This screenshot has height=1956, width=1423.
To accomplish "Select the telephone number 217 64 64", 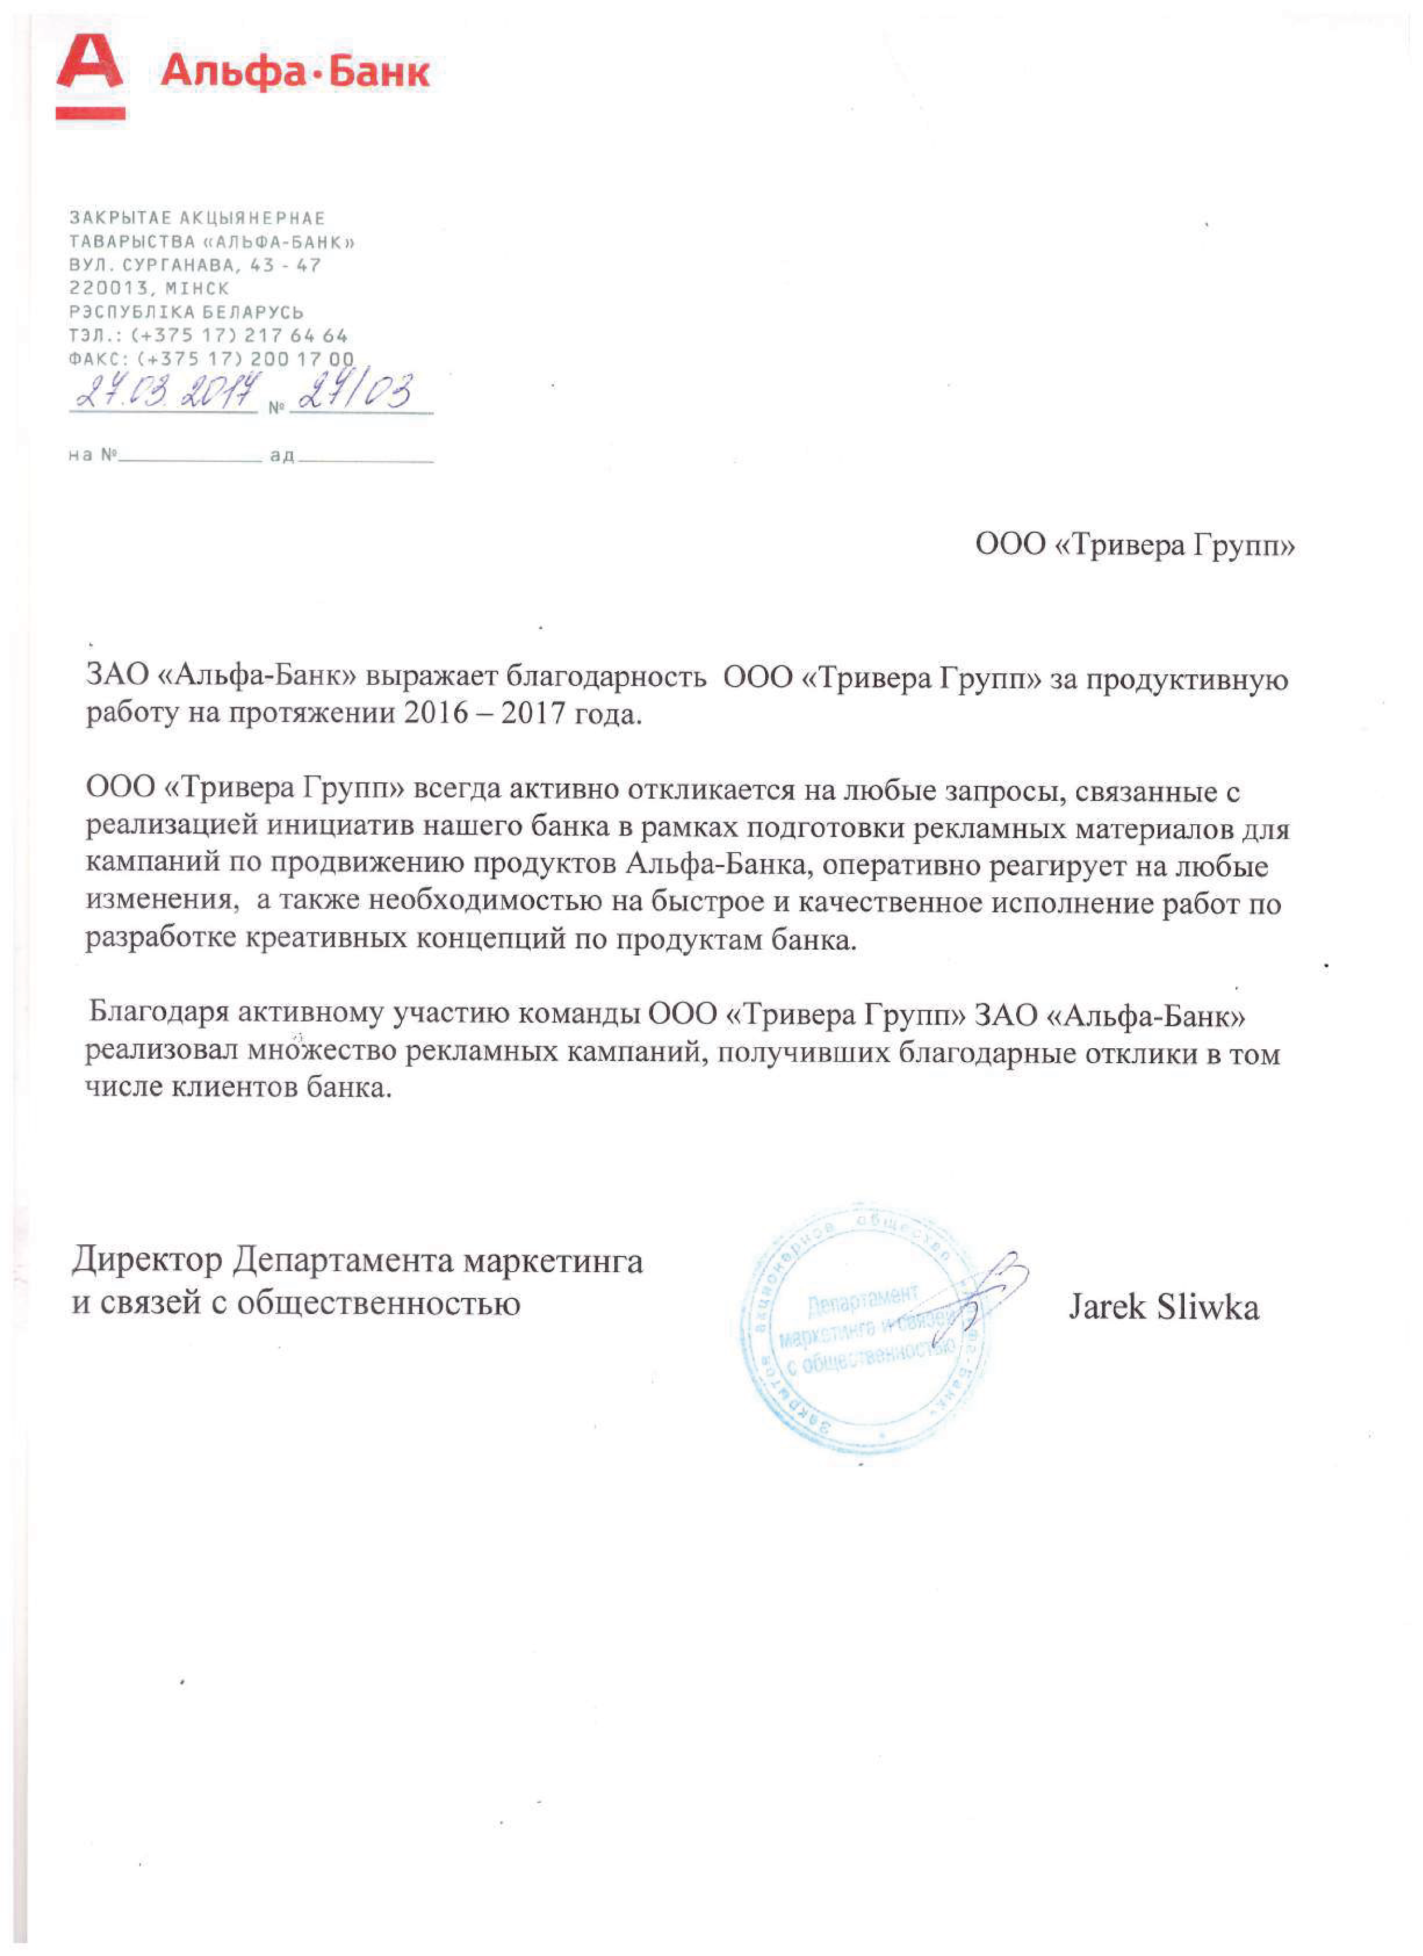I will (x=296, y=335).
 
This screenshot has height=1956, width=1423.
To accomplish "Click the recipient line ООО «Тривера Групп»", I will (x=1134, y=545).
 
